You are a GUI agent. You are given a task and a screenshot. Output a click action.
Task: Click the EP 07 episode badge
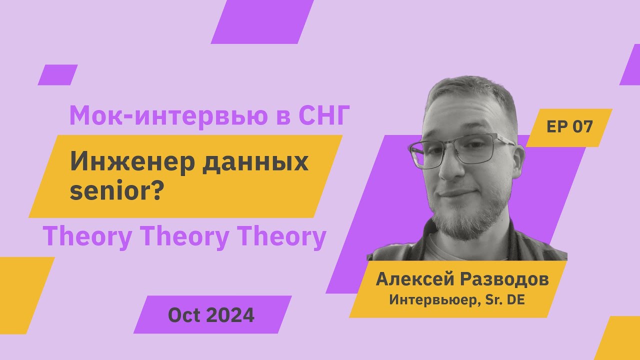tap(569, 127)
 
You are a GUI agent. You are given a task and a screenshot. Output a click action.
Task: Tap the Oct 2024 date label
tap(211, 315)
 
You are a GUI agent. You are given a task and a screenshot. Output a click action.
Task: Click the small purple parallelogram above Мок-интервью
tap(57, 75)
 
